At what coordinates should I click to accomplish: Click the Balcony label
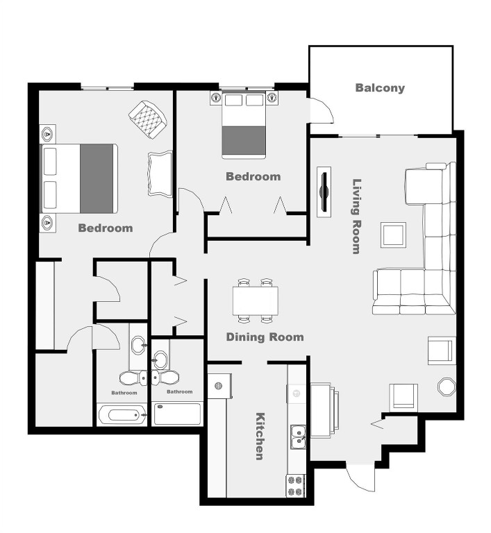tap(379, 88)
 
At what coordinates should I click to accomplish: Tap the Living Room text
tap(357, 217)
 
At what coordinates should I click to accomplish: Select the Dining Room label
tap(265, 337)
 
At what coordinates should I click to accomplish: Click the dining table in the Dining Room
tap(255, 301)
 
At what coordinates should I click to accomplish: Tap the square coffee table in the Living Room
tap(393, 235)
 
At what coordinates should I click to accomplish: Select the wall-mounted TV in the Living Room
tap(324, 192)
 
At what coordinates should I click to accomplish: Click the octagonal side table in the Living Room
tap(445, 387)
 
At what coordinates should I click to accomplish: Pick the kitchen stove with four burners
tap(296, 484)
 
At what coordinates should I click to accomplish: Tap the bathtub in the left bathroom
tap(122, 415)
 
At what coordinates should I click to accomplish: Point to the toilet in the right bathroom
tap(167, 378)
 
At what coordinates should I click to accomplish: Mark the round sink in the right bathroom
tap(161, 359)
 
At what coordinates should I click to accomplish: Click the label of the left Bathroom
tap(124, 393)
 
